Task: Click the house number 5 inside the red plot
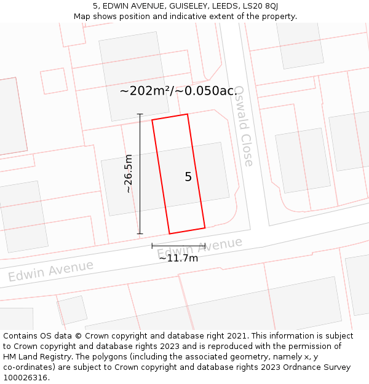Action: [188, 177]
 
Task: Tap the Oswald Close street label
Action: [244, 126]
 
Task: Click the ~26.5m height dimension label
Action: [129, 174]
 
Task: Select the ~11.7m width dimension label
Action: [178, 258]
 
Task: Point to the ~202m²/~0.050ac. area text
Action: [178, 91]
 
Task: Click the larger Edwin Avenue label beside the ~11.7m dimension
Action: [199, 248]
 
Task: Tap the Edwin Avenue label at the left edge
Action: [50, 270]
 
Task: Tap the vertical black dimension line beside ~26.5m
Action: [140, 174]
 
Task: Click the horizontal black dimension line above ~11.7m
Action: [178, 246]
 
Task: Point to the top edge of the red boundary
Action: [170, 117]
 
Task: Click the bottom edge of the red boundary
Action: [187, 231]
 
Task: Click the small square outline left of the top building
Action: [54, 80]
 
